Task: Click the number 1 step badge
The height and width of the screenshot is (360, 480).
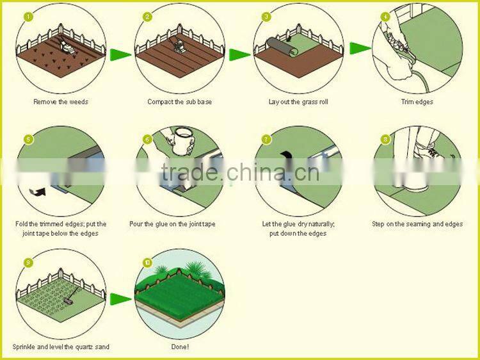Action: point(28,17)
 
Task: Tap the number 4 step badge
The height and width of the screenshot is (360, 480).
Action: point(385,17)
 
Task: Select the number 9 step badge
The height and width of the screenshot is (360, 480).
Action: point(28,263)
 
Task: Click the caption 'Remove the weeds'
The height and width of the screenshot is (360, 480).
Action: point(61,102)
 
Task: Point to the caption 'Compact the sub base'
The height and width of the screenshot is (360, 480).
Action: point(179,102)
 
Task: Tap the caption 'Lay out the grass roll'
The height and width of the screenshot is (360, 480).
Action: point(298,102)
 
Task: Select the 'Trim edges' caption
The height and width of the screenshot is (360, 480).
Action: point(417,102)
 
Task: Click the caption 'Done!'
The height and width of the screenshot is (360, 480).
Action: point(180,347)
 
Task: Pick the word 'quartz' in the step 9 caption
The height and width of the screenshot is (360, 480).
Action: point(83,347)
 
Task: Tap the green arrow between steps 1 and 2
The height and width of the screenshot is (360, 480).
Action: point(120,54)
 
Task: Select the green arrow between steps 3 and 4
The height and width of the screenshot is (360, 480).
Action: point(360,48)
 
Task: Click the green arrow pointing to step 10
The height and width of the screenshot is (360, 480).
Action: point(120,299)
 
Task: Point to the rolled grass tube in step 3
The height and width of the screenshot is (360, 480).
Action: point(282,47)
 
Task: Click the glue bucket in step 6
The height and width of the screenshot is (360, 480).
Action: point(183,140)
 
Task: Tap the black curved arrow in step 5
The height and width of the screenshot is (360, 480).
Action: point(38,192)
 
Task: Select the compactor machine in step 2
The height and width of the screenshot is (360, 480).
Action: point(177,45)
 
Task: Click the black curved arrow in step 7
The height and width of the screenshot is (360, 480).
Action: point(287,156)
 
